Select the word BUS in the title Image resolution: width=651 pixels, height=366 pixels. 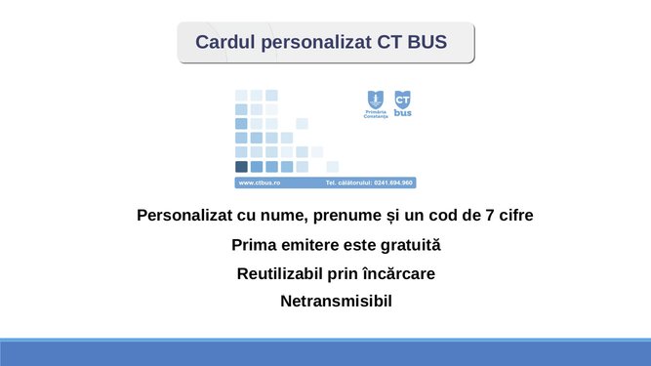click(x=427, y=43)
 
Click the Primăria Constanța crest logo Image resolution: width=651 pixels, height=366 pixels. click(x=376, y=104)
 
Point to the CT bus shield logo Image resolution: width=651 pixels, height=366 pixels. click(x=403, y=102)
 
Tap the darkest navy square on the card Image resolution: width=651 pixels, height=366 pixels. click(x=241, y=167)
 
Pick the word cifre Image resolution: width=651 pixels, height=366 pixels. click(x=511, y=215)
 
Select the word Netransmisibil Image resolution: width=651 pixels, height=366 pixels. click(x=336, y=302)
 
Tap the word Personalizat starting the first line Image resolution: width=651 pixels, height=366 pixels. click(x=185, y=215)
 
